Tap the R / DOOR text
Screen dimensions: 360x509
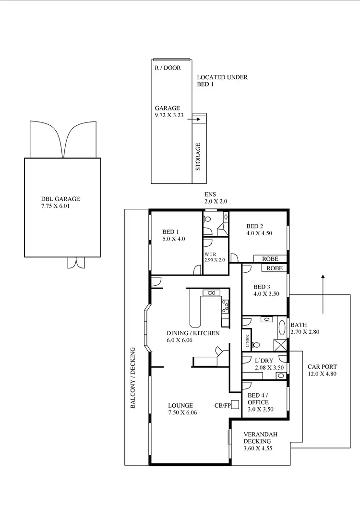click(168, 68)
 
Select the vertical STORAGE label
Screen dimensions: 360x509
click(198, 157)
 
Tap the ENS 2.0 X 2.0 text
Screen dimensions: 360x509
click(215, 197)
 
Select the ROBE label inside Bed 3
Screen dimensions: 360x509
click(274, 268)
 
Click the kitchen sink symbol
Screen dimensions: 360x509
click(211, 292)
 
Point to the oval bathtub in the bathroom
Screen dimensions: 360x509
click(282, 329)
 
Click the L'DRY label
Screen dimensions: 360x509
click(264, 361)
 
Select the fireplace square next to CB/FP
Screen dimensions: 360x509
click(235, 404)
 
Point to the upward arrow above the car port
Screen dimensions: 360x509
click(323, 293)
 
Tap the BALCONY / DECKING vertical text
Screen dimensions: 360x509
click(133, 378)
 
